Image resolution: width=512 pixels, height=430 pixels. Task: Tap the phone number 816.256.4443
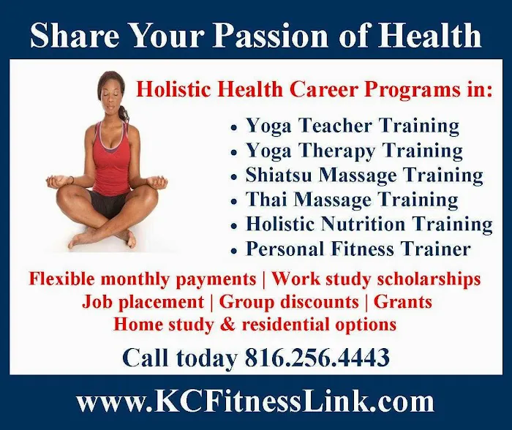point(317,358)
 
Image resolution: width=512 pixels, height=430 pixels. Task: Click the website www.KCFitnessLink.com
point(255,402)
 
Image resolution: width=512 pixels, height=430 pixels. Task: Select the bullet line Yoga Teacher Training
point(352,126)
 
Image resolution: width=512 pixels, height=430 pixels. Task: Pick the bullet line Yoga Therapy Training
point(354,151)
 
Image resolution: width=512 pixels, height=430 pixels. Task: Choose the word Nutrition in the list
point(368,224)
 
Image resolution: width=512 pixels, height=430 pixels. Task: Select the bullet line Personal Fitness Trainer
point(358,249)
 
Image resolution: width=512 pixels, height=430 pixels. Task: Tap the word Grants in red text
point(403,301)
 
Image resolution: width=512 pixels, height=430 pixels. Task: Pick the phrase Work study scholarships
point(377,279)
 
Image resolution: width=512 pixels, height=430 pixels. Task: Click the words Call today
point(179,358)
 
